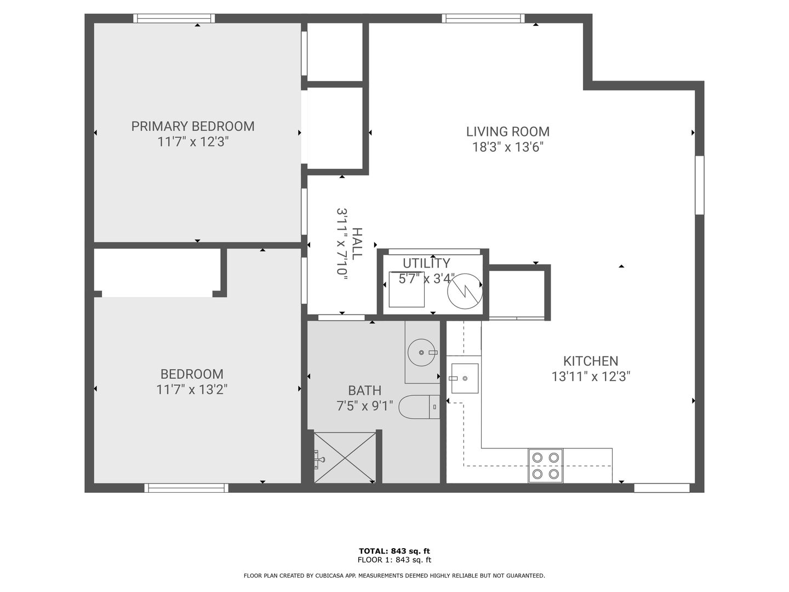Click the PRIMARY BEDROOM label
[x=193, y=126]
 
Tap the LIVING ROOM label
[x=507, y=132]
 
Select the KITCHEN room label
[x=591, y=361]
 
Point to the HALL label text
[x=357, y=244]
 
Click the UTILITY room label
[x=426, y=264]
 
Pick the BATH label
[x=364, y=390]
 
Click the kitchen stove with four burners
[x=545, y=466]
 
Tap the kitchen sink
[x=465, y=378]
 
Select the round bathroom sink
[x=421, y=352]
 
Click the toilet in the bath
[x=419, y=407]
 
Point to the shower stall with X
[x=345, y=458]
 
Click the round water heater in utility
[x=465, y=291]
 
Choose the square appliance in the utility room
[x=407, y=289]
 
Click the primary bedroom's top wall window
[x=174, y=18]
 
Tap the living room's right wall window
[x=700, y=185]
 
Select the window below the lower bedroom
[x=186, y=488]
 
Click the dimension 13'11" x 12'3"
[x=591, y=377]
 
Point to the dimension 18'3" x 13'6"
[x=507, y=147]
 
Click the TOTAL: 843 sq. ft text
[x=395, y=551]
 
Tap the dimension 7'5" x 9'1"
[x=364, y=406]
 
